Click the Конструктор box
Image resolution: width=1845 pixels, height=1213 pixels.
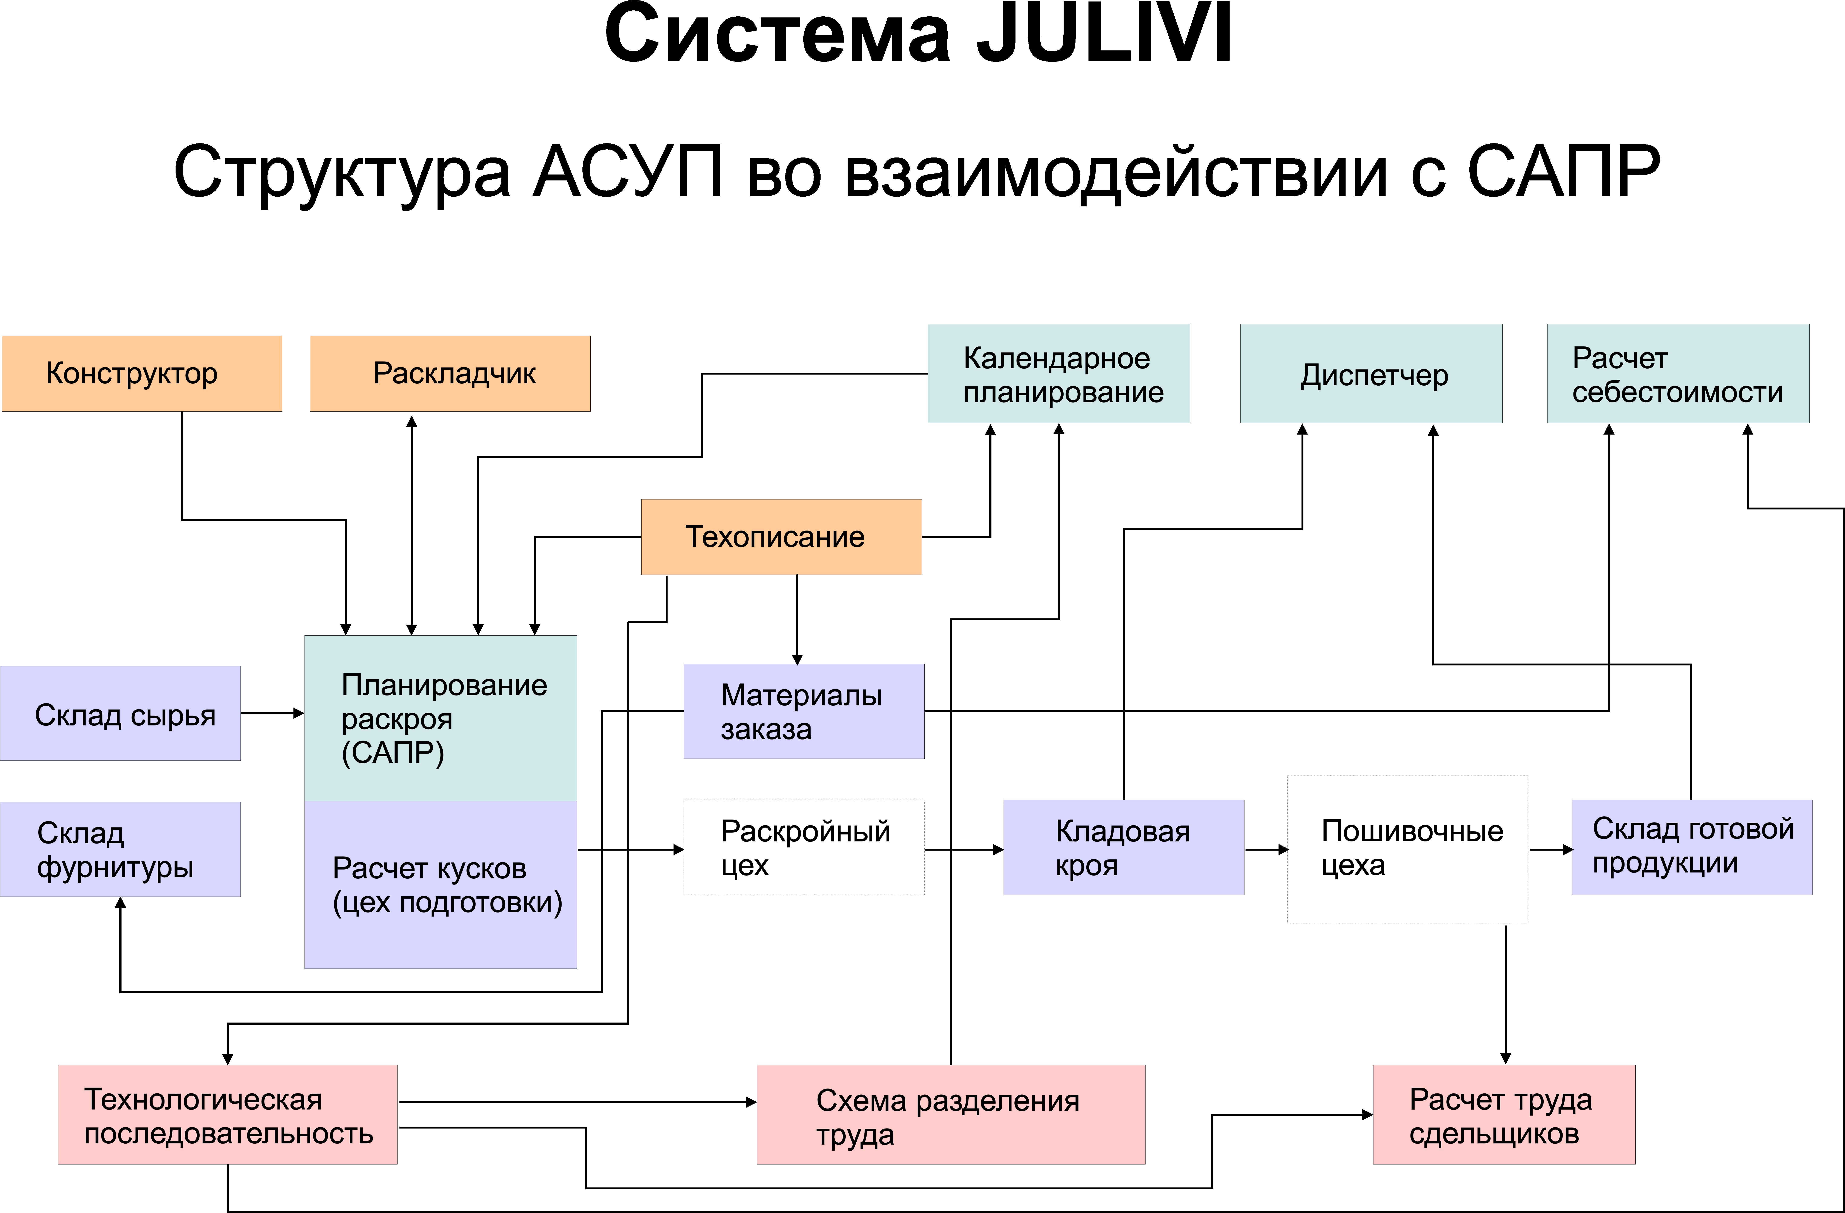point(142,374)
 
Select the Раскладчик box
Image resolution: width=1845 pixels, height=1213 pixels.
point(450,374)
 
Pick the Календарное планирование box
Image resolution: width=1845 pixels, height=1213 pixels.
point(1058,374)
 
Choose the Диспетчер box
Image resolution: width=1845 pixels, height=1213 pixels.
point(1371,374)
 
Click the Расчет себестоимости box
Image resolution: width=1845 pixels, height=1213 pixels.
point(1678,374)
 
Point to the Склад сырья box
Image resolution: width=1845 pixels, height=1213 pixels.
point(120,713)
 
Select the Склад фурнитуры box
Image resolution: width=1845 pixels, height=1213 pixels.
point(120,850)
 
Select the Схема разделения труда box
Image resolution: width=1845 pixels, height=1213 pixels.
point(950,1114)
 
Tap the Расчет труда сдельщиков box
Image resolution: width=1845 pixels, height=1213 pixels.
point(1503,1114)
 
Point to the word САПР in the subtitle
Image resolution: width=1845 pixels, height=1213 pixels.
point(1564,172)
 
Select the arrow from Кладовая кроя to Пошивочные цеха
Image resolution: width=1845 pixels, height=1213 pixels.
point(1266,850)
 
